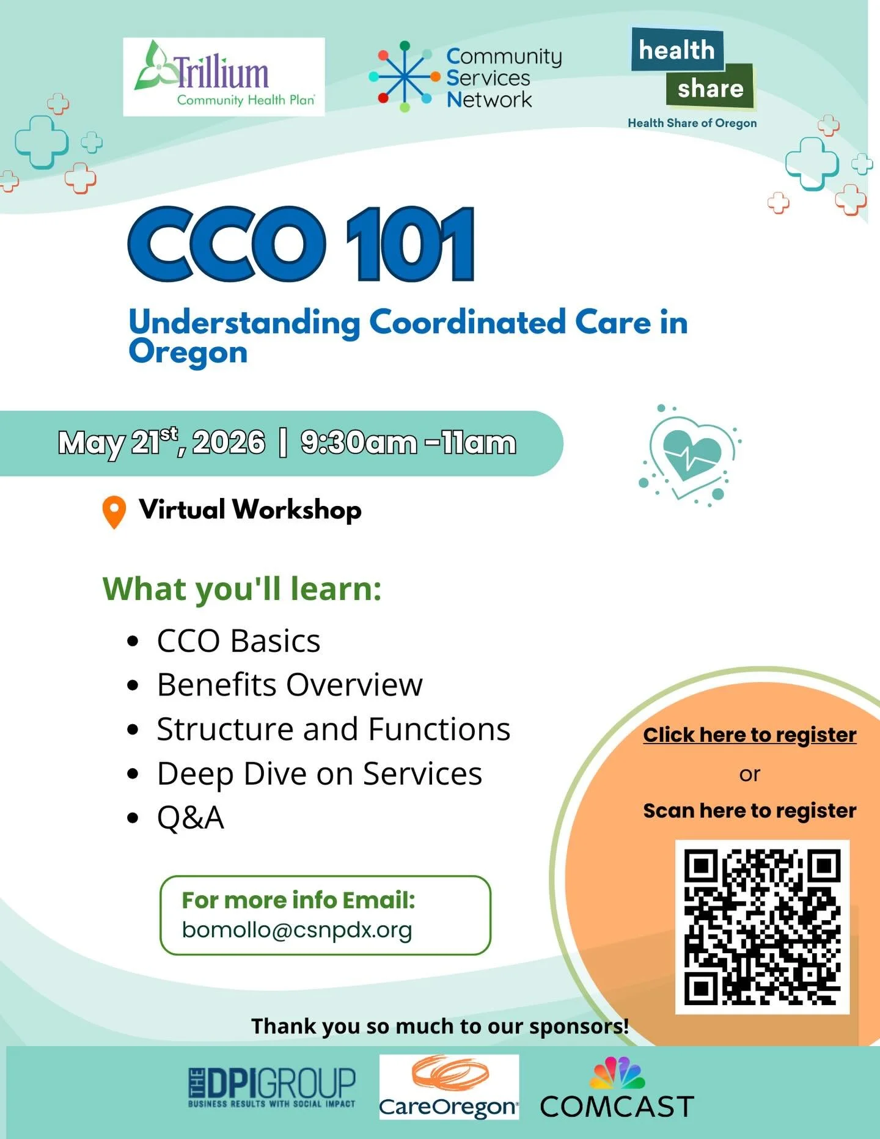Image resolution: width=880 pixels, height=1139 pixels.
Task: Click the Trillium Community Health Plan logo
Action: coord(224,77)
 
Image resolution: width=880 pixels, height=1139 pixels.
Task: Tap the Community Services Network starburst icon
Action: coord(404,76)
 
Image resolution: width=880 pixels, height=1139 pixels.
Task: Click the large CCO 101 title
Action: coord(301,244)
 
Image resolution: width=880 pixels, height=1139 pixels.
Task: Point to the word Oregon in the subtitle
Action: coord(188,353)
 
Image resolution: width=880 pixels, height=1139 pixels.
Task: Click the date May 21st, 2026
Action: coord(161,442)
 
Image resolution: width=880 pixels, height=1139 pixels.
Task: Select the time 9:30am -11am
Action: coord(408,442)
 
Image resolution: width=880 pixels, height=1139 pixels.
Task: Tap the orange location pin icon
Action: coord(114,511)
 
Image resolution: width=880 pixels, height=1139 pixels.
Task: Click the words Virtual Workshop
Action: coord(250,510)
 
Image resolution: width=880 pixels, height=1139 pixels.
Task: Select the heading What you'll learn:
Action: coord(242,589)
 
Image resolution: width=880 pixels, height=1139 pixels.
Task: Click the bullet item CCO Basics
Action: coord(238,641)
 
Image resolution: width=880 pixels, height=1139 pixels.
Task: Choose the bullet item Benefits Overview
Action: coord(290,685)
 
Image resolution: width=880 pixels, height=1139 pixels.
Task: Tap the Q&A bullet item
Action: coord(191,818)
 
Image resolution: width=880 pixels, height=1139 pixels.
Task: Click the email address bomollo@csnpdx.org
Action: coord(297,930)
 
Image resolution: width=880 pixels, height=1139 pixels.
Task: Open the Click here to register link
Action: coord(749,735)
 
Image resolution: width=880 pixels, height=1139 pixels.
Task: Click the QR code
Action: coord(761,927)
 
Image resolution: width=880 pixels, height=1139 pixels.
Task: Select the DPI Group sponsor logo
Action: coord(272,1088)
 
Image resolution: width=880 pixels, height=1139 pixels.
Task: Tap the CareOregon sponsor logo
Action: coord(449,1088)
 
